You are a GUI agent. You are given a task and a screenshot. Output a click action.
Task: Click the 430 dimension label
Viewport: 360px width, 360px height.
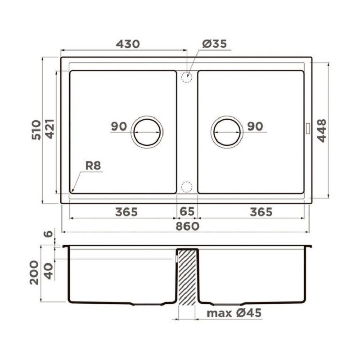pos(128,44)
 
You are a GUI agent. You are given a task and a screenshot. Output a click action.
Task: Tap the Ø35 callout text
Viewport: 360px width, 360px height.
pos(215,44)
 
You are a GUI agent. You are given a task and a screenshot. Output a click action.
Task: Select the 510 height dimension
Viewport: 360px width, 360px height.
pos(36,130)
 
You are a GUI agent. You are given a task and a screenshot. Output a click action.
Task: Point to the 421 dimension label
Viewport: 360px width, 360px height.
pos(50,129)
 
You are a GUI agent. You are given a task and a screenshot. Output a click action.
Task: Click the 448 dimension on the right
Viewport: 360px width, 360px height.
pos(321,131)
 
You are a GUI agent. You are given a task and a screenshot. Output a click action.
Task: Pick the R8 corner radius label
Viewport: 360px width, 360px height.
pos(93,166)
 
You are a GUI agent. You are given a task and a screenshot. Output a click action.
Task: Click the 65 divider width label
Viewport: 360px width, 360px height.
pos(187,211)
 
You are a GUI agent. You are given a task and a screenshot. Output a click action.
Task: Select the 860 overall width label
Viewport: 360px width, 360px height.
pos(187,226)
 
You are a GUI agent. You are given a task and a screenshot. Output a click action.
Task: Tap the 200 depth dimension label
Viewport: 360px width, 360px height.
pos(34,273)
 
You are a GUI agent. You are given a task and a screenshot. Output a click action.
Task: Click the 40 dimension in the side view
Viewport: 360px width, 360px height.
pos(49,271)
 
